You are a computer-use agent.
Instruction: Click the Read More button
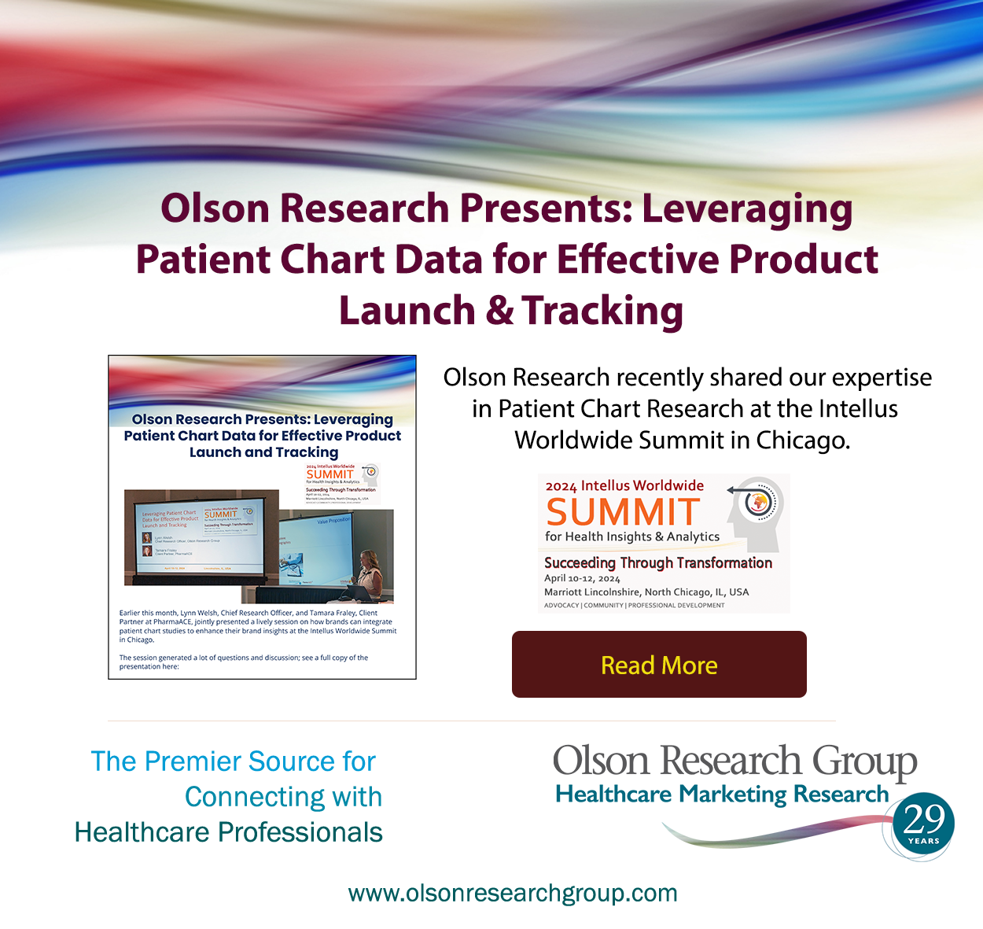point(659,665)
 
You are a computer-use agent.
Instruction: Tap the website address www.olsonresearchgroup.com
point(513,893)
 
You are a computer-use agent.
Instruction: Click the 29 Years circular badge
point(923,825)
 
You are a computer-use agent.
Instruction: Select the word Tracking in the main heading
point(602,311)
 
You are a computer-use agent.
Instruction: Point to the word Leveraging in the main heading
point(747,209)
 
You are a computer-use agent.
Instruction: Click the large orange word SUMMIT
point(623,513)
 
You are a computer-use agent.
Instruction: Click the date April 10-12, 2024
point(582,578)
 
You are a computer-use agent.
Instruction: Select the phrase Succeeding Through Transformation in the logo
point(657,562)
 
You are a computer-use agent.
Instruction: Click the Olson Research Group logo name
point(734,761)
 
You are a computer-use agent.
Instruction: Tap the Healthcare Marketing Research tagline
point(721,794)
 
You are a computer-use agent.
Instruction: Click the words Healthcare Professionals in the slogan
point(228,832)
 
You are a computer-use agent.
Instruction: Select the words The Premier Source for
point(233,761)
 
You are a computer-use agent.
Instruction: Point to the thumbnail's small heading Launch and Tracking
point(263,452)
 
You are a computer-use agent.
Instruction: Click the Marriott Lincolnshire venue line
point(646,592)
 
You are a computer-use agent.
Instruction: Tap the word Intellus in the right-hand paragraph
point(857,409)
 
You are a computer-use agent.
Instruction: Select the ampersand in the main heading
point(499,311)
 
